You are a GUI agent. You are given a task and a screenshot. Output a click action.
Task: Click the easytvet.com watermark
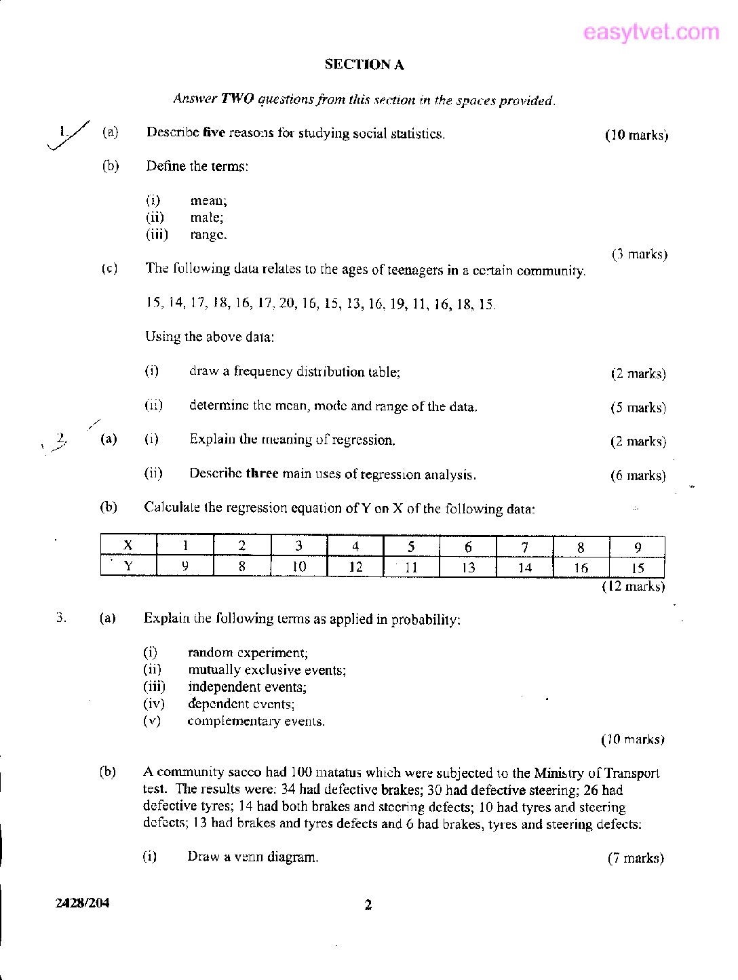pyautogui.click(x=650, y=32)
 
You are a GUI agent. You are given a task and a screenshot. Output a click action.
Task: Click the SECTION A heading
pyautogui.click(x=364, y=64)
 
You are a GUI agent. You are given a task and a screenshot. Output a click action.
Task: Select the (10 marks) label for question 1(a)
pyautogui.click(x=636, y=135)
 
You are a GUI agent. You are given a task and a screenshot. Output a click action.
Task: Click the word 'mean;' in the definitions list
pyautogui.click(x=208, y=201)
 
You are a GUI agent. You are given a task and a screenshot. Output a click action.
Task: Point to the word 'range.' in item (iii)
pyautogui.click(x=208, y=235)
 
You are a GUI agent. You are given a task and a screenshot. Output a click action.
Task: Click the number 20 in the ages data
pyautogui.click(x=287, y=303)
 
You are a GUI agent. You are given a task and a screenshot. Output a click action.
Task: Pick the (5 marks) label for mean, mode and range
pyautogui.click(x=638, y=408)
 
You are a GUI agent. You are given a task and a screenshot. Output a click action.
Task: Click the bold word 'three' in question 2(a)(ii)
pyautogui.click(x=262, y=473)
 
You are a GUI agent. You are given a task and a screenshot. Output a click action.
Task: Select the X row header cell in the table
pyautogui.click(x=128, y=546)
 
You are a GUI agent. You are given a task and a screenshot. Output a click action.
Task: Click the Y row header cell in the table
pyautogui.click(x=128, y=566)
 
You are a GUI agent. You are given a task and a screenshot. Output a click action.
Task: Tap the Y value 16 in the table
pyautogui.click(x=581, y=568)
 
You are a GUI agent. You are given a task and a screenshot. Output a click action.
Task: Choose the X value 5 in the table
pyautogui.click(x=411, y=547)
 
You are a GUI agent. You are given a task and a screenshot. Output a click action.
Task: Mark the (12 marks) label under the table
pyautogui.click(x=633, y=586)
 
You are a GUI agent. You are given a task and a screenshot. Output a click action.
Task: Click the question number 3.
pyautogui.click(x=61, y=618)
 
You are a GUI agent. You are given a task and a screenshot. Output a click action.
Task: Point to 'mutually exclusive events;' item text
pyautogui.click(x=267, y=669)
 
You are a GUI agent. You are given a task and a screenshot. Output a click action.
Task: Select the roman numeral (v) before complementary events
pyautogui.click(x=152, y=720)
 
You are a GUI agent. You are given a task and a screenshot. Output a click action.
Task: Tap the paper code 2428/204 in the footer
pyautogui.click(x=82, y=903)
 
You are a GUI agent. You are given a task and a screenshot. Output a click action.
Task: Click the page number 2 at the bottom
pyautogui.click(x=368, y=905)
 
